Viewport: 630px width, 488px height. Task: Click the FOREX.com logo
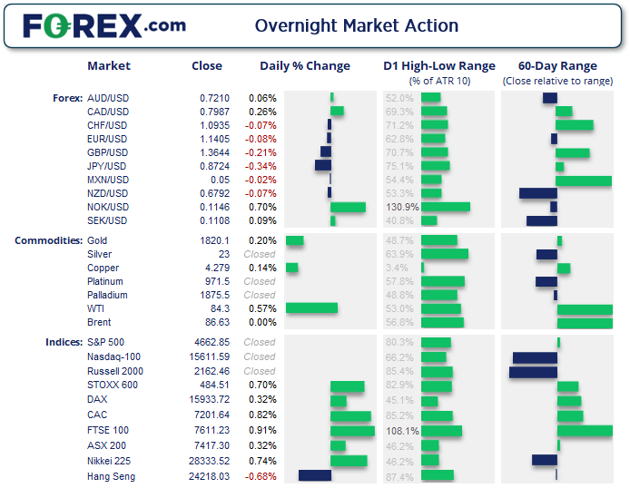(x=103, y=25)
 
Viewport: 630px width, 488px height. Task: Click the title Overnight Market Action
(x=357, y=25)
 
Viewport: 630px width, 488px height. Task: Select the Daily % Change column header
(x=304, y=66)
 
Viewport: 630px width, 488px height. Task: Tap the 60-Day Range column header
(x=556, y=66)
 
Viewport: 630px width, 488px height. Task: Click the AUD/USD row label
(x=107, y=98)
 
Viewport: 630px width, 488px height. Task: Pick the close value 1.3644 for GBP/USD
(x=215, y=152)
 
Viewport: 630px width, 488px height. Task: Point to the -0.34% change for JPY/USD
(x=261, y=166)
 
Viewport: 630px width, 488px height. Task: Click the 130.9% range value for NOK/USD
(x=401, y=207)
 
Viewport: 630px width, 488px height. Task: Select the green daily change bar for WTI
(x=311, y=308)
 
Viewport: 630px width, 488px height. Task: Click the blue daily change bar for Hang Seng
(x=314, y=475)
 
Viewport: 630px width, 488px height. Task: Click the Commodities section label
(x=48, y=240)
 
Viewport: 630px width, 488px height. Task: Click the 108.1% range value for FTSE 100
(x=401, y=431)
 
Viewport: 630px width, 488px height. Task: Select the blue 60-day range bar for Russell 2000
(x=533, y=372)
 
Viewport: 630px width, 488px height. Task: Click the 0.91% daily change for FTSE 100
(x=261, y=431)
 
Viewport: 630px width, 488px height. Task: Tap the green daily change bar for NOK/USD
(x=348, y=207)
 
